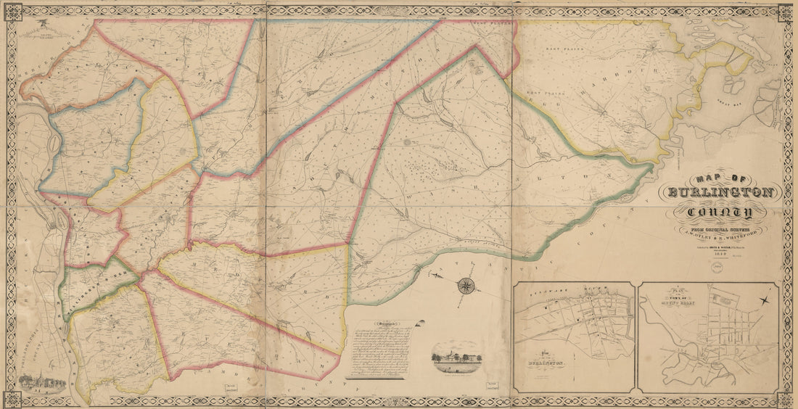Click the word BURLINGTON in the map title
(x=720, y=194)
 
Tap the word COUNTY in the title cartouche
(x=720, y=212)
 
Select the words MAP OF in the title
(x=720, y=178)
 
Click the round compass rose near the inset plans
(x=464, y=285)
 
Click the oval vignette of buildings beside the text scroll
(x=455, y=358)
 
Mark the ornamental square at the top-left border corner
(x=12, y=12)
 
